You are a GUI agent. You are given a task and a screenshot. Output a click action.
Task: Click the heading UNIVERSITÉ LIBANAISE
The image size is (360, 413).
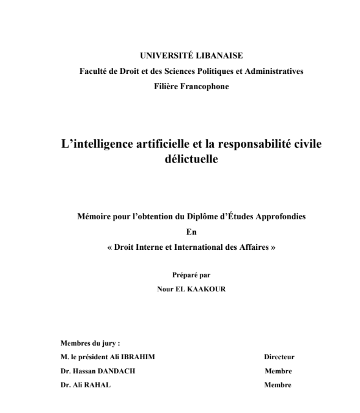(x=192, y=56)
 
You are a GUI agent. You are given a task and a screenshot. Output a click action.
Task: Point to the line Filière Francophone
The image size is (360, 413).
(x=192, y=86)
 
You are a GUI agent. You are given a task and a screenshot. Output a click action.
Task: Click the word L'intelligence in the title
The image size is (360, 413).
(x=99, y=144)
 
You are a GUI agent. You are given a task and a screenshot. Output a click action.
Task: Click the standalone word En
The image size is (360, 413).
(x=191, y=232)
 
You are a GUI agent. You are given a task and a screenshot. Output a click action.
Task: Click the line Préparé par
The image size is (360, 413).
(x=191, y=276)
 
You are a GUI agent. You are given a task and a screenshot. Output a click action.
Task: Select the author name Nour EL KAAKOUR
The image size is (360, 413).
(x=191, y=290)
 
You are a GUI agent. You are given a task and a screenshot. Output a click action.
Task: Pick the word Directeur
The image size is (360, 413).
(x=279, y=357)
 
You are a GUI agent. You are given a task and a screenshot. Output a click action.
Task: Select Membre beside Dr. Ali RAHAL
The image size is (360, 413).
(x=278, y=385)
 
